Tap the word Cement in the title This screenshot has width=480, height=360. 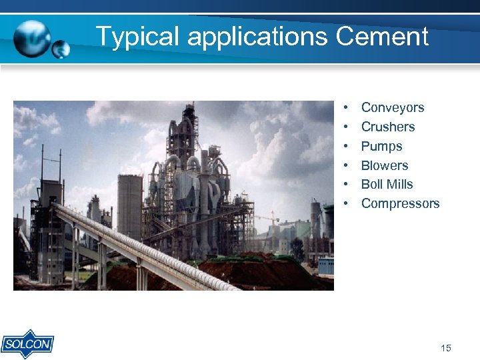(382, 36)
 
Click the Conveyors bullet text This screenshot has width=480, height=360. (392, 107)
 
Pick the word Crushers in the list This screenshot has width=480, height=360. (387, 127)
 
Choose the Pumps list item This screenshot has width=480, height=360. (381, 146)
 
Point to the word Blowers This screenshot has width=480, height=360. (384, 165)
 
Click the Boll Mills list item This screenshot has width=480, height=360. (387, 184)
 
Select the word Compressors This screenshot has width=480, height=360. (400, 203)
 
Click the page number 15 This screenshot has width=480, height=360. (446, 348)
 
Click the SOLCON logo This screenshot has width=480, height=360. (27, 344)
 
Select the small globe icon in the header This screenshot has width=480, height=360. (61, 49)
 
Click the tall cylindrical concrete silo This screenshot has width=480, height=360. (129, 207)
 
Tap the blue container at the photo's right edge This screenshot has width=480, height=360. (326, 265)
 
